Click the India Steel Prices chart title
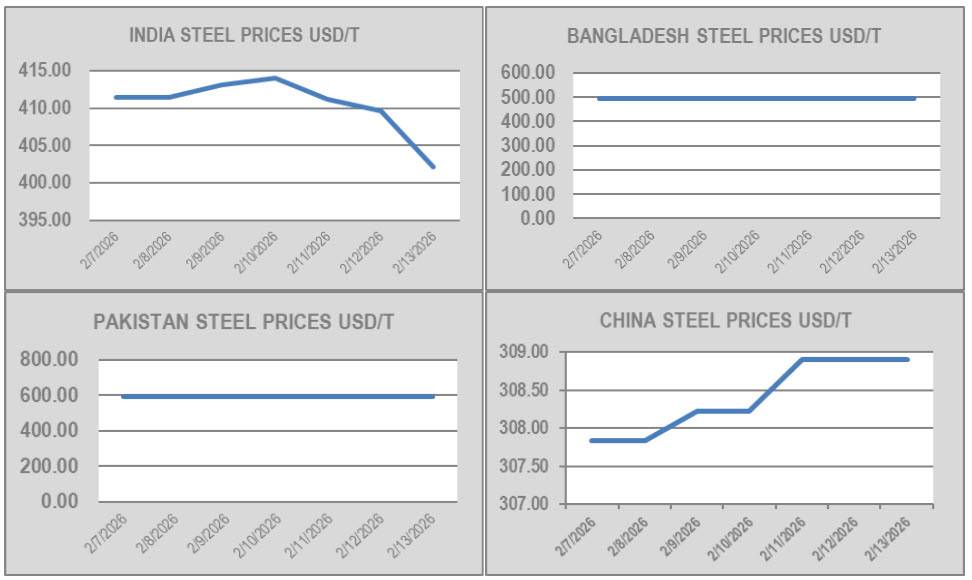[x=244, y=36]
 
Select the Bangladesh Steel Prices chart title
[x=724, y=37]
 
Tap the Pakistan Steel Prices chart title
[x=244, y=322]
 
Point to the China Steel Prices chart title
[x=726, y=321]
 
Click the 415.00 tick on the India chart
[x=45, y=71]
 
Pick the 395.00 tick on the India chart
[x=45, y=220]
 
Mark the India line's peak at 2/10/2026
[x=275, y=78]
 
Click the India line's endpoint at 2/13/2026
[x=433, y=166]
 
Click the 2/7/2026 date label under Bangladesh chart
[x=583, y=249]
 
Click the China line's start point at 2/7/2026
[x=591, y=440]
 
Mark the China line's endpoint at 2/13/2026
[x=908, y=359]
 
